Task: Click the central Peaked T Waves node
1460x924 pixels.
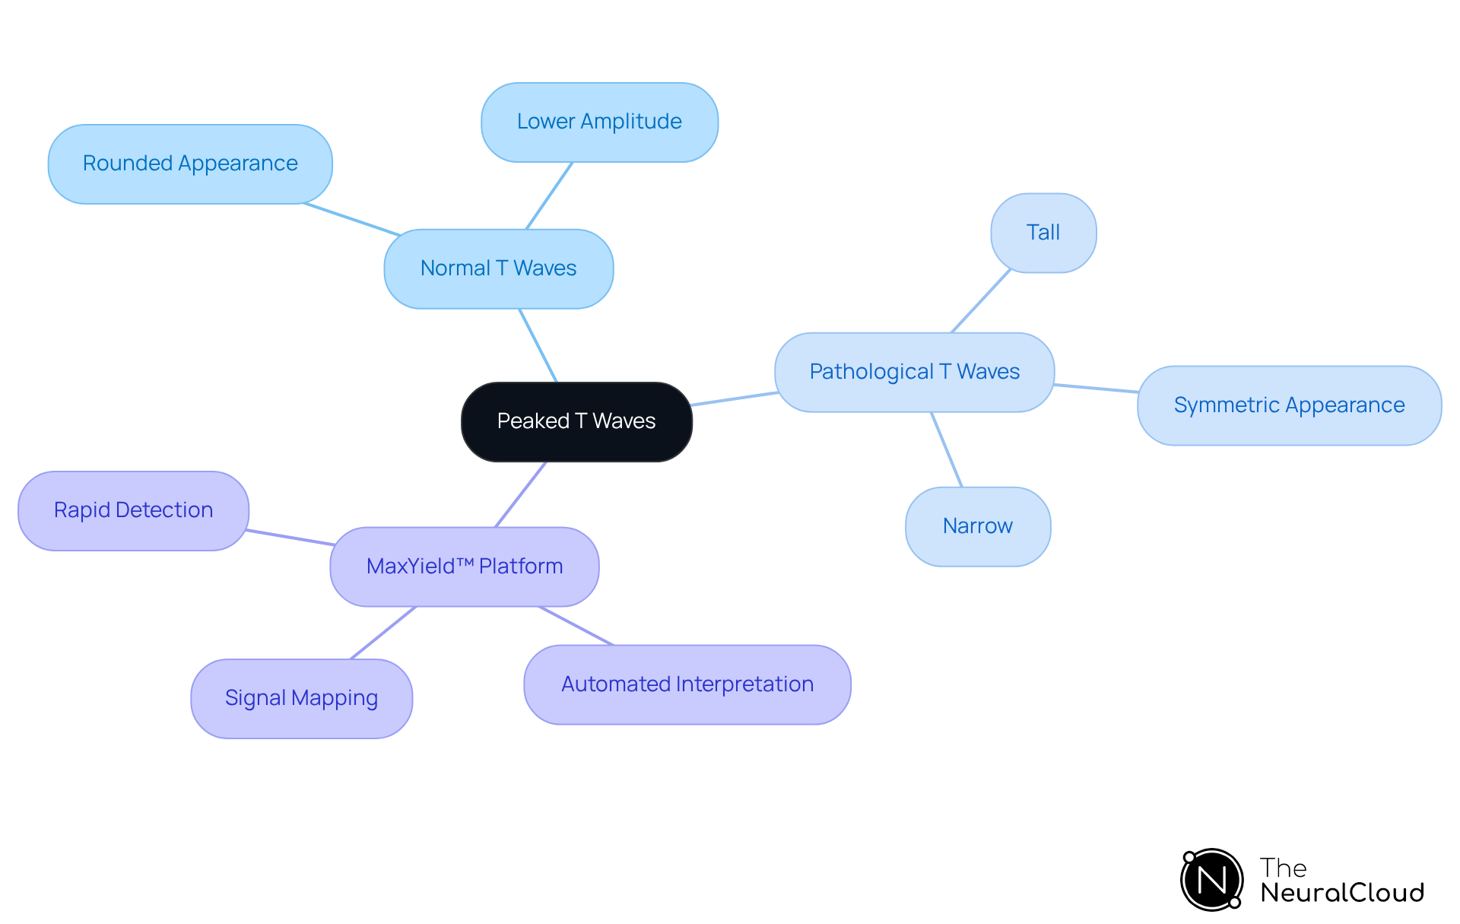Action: pos(576,421)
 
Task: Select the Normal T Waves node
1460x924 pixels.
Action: pos(498,268)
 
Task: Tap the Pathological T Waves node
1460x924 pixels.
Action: pos(914,372)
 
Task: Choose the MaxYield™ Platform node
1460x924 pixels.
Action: pos(464,567)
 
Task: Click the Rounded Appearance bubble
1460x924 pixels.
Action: pos(190,164)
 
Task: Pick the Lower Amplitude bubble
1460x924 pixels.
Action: pos(599,122)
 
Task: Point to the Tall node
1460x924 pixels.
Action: pos(1043,233)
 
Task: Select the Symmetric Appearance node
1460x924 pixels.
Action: pos(1289,405)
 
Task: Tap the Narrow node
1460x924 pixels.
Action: pos(978,526)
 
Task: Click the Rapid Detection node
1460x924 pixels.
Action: pos(133,510)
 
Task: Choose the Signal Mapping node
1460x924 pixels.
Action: pos(301,698)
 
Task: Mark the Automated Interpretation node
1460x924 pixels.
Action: pos(687,684)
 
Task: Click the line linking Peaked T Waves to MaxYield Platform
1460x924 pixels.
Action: pos(521,494)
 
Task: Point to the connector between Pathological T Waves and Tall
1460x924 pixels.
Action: pos(981,301)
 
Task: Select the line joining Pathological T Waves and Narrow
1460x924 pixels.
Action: pos(947,449)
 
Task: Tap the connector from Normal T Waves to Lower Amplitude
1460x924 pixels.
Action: pos(549,195)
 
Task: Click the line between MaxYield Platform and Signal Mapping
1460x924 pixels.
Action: pos(383,633)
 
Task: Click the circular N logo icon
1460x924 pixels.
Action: pos(1211,880)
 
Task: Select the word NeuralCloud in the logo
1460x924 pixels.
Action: pos(1342,893)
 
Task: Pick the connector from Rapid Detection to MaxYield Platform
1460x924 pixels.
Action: pos(290,538)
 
